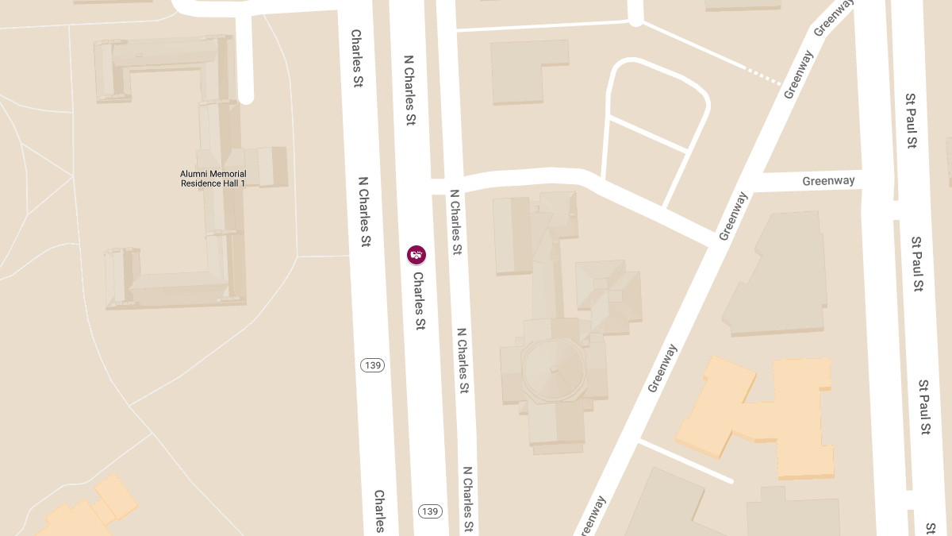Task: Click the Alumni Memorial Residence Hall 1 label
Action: [x=213, y=179]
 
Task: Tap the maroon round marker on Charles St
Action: [x=416, y=255]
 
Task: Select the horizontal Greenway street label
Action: [x=828, y=181]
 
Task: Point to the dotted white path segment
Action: [x=764, y=75]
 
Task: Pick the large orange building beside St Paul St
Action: [x=762, y=413]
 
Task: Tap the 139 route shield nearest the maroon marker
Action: [x=372, y=365]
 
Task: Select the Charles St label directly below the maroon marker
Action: [x=419, y=301]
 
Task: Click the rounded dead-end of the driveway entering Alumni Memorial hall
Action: [x=245, y=96]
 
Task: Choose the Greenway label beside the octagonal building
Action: [x=663, y=368]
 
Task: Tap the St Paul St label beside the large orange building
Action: [x=924, y=407]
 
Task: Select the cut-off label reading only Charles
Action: [x=380, y=511]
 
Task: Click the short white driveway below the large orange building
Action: [x=686, y=461]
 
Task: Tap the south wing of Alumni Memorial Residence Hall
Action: [x=175, y=286]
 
